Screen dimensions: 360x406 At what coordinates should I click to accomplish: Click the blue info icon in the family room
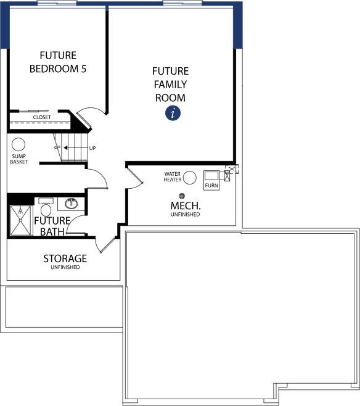click(173, 113)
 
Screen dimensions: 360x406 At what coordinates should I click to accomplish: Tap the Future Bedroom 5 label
click(58, 62)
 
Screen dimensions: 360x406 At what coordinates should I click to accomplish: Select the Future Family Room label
click(170, 85)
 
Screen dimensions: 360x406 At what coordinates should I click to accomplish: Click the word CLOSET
click(42, 117)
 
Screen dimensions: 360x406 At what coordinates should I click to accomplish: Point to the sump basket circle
click(18, 144)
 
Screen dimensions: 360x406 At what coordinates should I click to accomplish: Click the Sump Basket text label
click(19, 159)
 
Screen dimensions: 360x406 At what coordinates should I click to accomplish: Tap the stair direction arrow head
click(66, 148)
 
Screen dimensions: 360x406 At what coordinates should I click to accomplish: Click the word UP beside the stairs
click(92, 148)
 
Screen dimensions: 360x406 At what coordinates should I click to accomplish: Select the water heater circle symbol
click(190, 178)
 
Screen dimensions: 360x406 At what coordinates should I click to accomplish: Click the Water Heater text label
click(172, 176)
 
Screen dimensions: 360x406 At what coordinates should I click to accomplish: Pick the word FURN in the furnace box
click(211, 185)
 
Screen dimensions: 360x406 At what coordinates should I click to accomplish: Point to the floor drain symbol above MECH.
click(182, 196)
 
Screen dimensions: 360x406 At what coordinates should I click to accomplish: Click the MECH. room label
click(186, 205)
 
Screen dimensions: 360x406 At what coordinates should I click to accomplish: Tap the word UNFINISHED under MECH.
click(185, 214)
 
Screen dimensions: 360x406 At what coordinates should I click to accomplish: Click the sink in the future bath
click(71, 204)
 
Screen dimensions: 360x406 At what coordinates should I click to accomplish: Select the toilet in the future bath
click(46, 207)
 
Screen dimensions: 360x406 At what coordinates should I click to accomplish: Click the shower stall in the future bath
click(21, 221)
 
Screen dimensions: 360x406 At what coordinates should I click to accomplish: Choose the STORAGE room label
click(65, 259)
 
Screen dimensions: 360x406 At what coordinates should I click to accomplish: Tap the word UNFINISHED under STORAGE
click(65, 267)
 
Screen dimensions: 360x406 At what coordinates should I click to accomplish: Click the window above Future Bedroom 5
click(57, 3)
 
